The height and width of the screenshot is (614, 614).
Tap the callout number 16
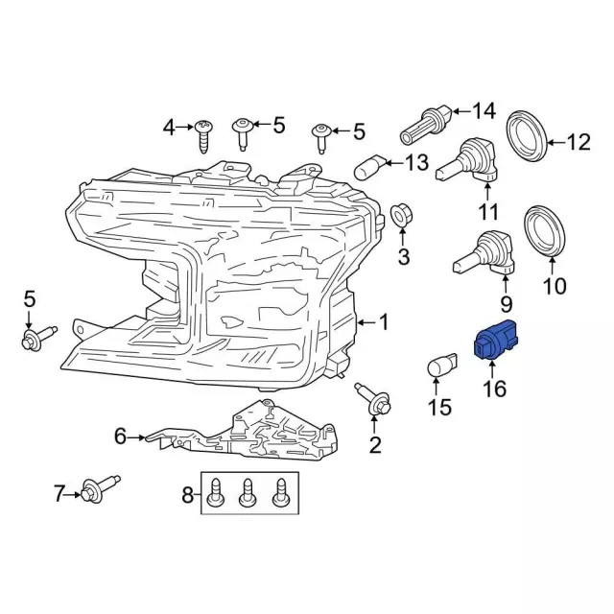[x=495, y=389]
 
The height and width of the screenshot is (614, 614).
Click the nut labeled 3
[x=403, y=219]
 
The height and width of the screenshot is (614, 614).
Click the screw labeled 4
[x=203, y=134]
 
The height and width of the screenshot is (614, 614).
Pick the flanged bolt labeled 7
[x=99, y=493]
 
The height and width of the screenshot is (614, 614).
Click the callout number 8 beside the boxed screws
[x=187, y=495]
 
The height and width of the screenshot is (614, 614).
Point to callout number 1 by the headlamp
[x=383, y=322]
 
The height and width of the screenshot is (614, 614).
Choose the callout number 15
[x=437, y=409]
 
